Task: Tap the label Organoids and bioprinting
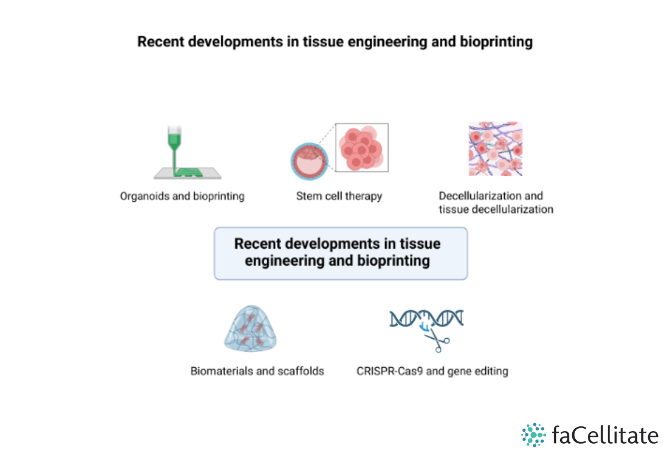point(182,196)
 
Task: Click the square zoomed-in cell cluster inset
point(362,148)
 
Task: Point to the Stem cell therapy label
point(339,196)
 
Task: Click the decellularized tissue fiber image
point(495,149)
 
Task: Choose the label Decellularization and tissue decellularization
point(496,202)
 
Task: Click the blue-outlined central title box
point(341,253)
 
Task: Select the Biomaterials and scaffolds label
point(257,371)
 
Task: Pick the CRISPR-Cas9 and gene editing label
point(432,371)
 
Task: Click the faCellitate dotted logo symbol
point(533,435)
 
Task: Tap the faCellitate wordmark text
point(604,436)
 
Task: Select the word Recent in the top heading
point(157,42)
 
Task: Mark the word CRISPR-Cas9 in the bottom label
point(390,371)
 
